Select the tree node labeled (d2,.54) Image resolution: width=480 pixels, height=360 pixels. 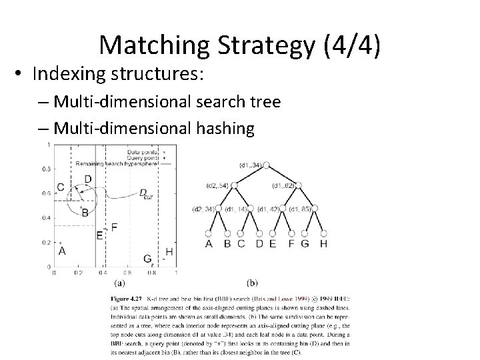[234, 185]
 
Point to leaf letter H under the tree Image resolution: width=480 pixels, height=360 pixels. [324, 243]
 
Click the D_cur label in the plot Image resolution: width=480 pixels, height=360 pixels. [145, 193]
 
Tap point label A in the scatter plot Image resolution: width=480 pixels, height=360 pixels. [63, 251]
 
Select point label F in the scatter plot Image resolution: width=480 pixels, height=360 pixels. [114, 227]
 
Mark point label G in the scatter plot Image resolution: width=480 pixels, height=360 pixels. [147, 258]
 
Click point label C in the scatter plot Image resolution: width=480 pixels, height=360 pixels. [61, 187]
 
